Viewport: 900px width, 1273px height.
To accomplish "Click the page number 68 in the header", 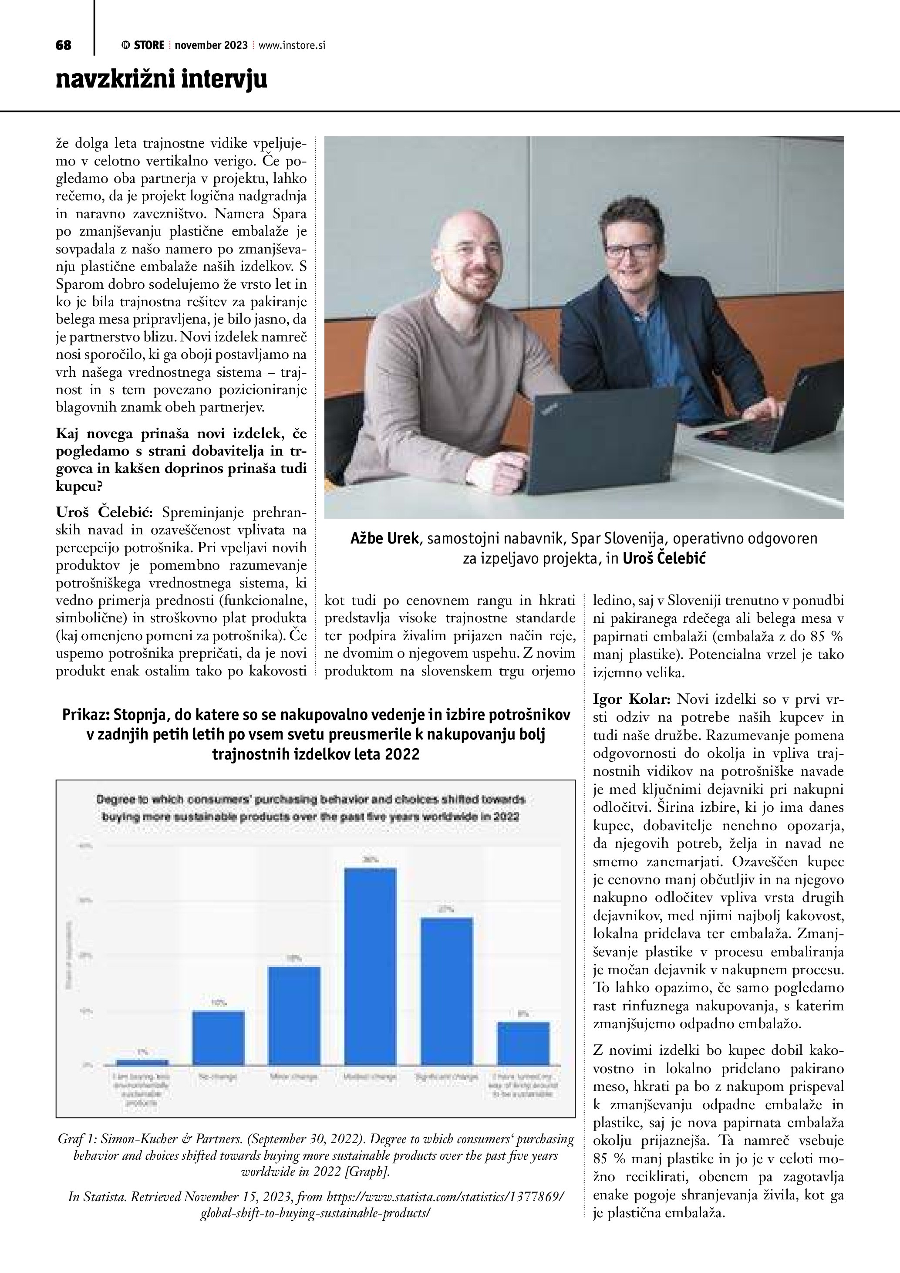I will [x=63, y=45].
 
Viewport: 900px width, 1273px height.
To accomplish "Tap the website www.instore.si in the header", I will [x=291, y=45].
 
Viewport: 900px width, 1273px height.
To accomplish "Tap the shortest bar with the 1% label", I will [x=142, y=1062].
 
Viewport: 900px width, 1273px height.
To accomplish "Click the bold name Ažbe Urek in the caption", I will [x=384, y=538].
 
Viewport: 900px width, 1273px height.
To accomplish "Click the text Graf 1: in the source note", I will [x=76, y=1139].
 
